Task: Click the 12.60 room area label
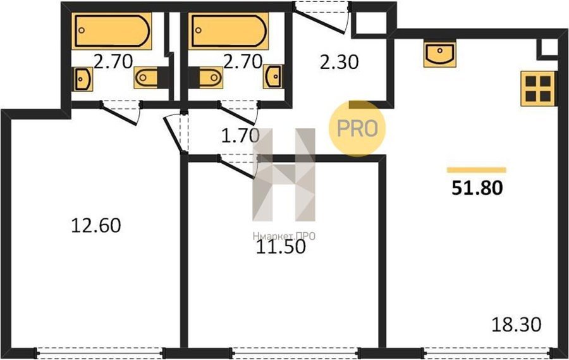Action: click(96, 225)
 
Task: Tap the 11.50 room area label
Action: click(281, 247)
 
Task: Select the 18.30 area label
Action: click(517, 325)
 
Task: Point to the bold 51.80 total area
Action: click(477, 188)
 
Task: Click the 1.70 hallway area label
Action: click(241, 135)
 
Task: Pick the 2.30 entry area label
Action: click(340, 62)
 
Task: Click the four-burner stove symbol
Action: click(538, 89)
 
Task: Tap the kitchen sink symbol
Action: click(440, 54)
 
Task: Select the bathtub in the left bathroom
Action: click(112, 31)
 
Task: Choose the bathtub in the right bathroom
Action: click(229, 31)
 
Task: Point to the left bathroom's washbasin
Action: click(83, 79)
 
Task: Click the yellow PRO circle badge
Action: click(357, 128)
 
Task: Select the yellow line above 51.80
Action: click(477, 170)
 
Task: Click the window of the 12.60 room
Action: click(100, 353)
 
